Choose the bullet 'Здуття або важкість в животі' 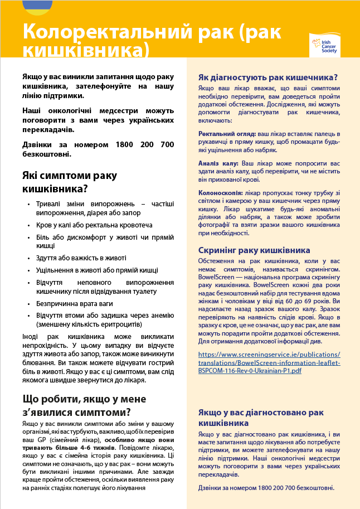click(x=81, y=258)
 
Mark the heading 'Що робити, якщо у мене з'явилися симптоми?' click(x=76, y=405)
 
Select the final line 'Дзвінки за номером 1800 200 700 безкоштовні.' click(x=266, y=488)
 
